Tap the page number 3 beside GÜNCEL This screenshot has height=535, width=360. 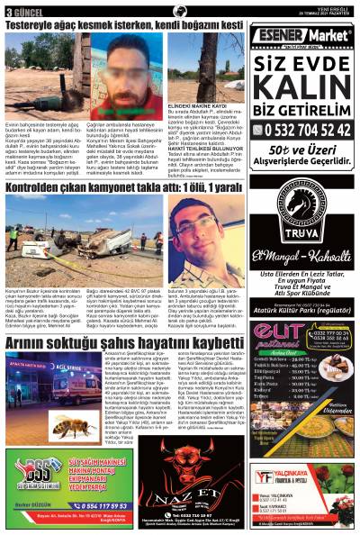tap(8, 12)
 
